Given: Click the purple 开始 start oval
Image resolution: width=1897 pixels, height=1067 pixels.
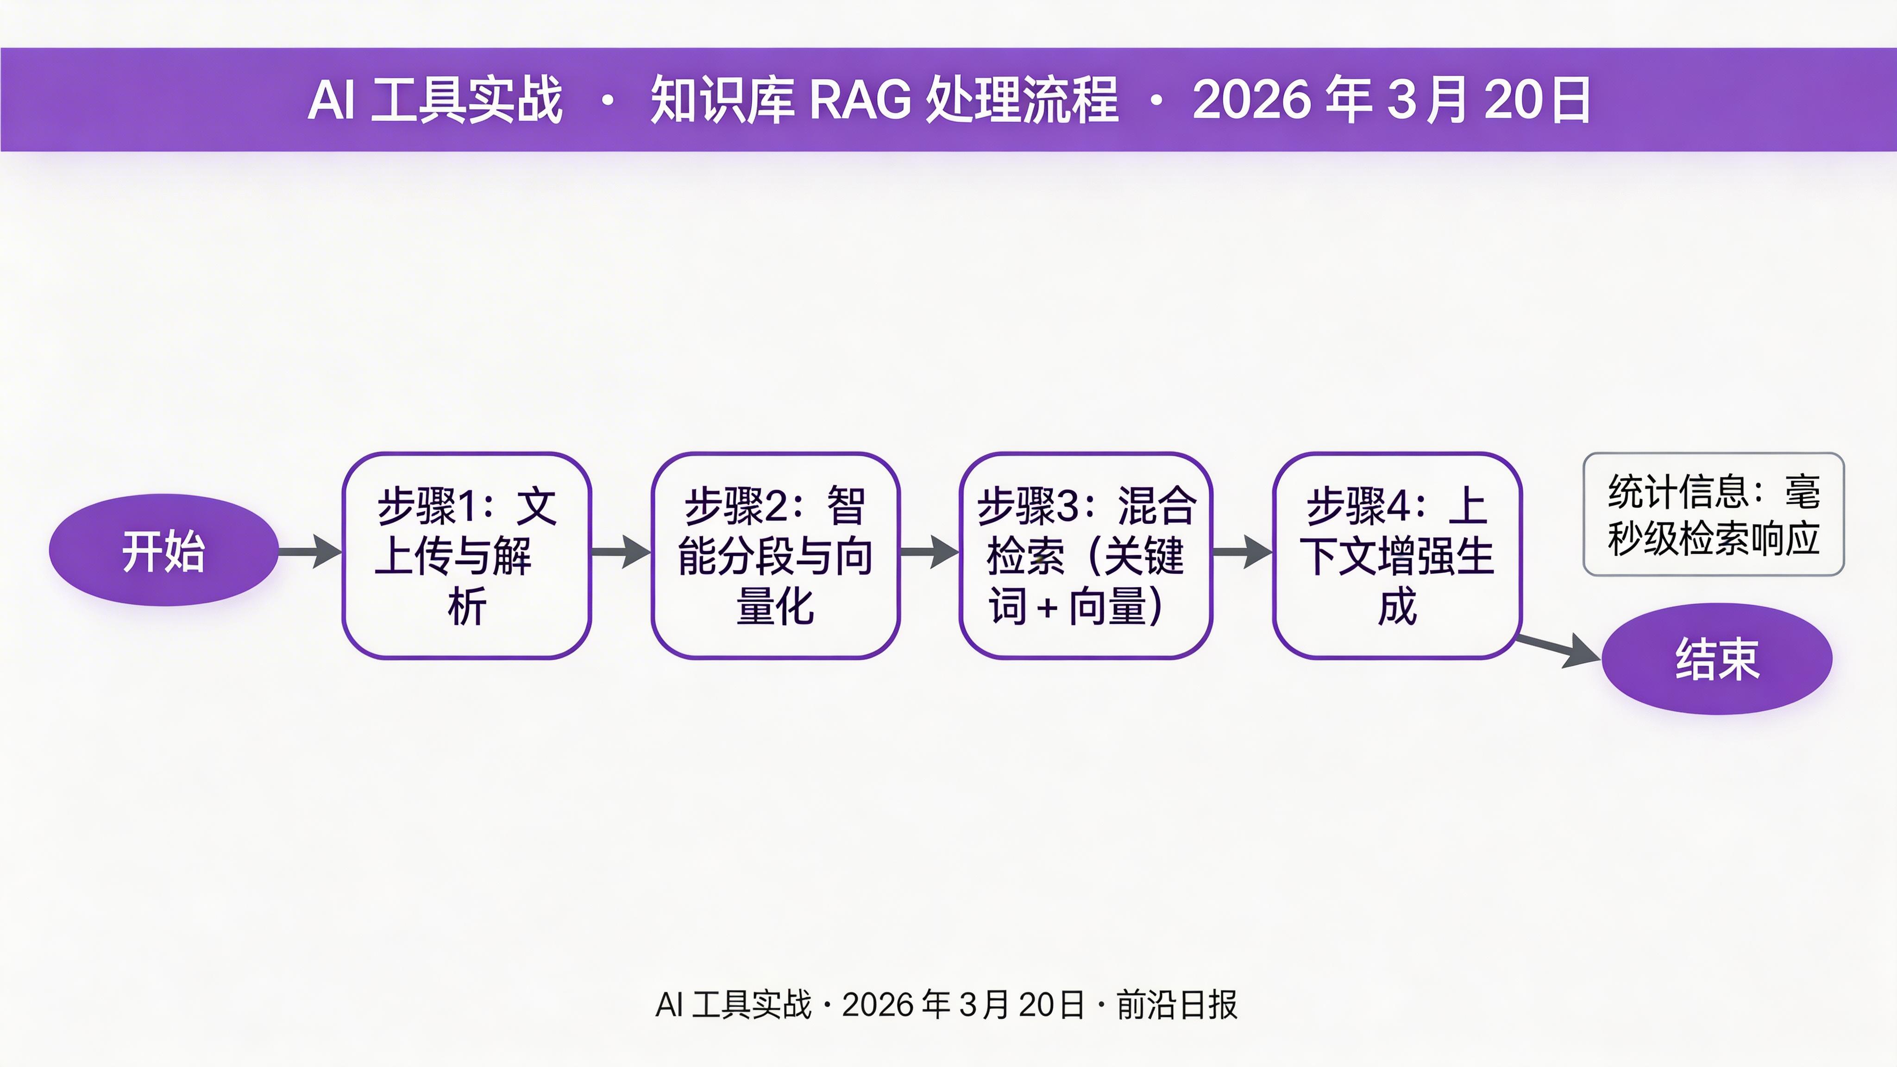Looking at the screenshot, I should [x=163, y=550].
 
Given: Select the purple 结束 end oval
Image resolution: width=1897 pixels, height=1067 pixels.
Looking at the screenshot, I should [x=1716, y=659].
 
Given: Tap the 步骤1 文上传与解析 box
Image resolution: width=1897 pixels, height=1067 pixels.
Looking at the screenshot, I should [x=466, y=555].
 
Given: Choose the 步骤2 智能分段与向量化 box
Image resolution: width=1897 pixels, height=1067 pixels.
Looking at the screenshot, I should [x=775, y=555].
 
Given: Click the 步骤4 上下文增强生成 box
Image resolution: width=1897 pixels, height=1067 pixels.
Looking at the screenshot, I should [x=1397, y=555].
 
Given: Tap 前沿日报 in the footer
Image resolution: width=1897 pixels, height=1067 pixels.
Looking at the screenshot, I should [x=1177, y=1004].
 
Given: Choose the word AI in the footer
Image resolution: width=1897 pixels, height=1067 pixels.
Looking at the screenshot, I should [x=669, y=1004].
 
